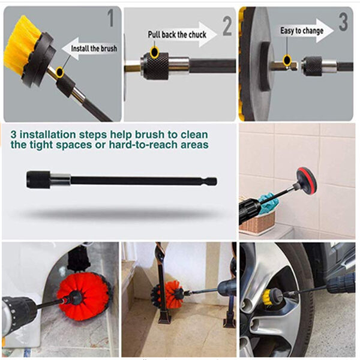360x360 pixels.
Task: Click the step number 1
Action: pos(110,19)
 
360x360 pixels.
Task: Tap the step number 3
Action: pos(343,22)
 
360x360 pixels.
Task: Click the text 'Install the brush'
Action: pos(94,47)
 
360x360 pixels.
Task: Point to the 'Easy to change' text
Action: pos(302,30)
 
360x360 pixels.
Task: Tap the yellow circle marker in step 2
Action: pos(154,53)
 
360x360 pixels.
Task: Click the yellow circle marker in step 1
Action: pos(58,73)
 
